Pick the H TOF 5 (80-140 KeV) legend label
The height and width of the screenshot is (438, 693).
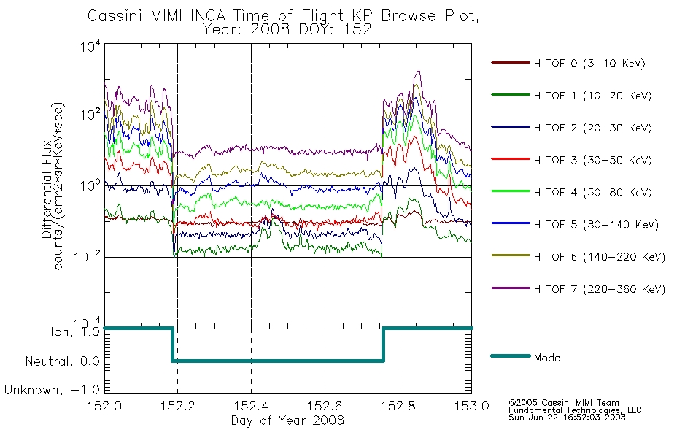tap(596, 225)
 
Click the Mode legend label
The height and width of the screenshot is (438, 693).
tap(546, 358)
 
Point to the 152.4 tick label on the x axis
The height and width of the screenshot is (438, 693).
tap(252, 406)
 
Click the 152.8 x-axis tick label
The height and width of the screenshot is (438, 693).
tap(398, 406)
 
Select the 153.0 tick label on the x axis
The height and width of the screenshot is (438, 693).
tap(471, 406)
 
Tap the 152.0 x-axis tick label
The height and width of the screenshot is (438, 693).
tap(104, 406)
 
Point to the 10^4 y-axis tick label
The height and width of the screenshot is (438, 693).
tap(90, 47)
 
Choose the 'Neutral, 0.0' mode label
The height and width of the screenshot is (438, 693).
tap(62, 361)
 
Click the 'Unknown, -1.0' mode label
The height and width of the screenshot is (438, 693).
tap(52, 390)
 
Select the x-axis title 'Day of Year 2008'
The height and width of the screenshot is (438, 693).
tap(287, 420)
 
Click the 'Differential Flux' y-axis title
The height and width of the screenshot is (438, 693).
tap(47, 190)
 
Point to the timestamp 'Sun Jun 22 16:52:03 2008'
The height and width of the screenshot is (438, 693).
tap(567, 417)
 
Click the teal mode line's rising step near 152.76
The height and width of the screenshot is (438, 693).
tap(383, 345)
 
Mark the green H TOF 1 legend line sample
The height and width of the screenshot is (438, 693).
tap(511, 95)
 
